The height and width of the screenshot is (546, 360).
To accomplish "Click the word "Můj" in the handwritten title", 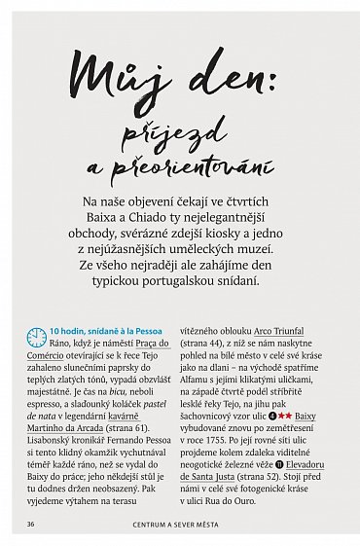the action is pyautogui.click(x=114, y=74).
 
